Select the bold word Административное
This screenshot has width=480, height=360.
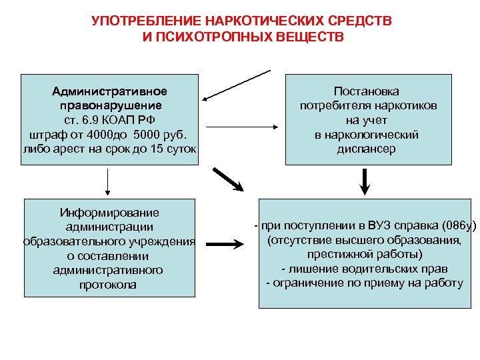click(x=111, y=91)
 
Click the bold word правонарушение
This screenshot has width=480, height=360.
click(x=111, y=105)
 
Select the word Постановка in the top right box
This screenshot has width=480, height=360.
click(x=361, y=91)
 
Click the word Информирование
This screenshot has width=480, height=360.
click(x=110, y=213)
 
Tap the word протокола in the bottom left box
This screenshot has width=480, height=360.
click(x=111, y=285)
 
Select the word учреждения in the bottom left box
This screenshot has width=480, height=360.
click(x=161, y=241)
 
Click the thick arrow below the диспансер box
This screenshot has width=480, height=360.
click(x=365, y=180)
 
